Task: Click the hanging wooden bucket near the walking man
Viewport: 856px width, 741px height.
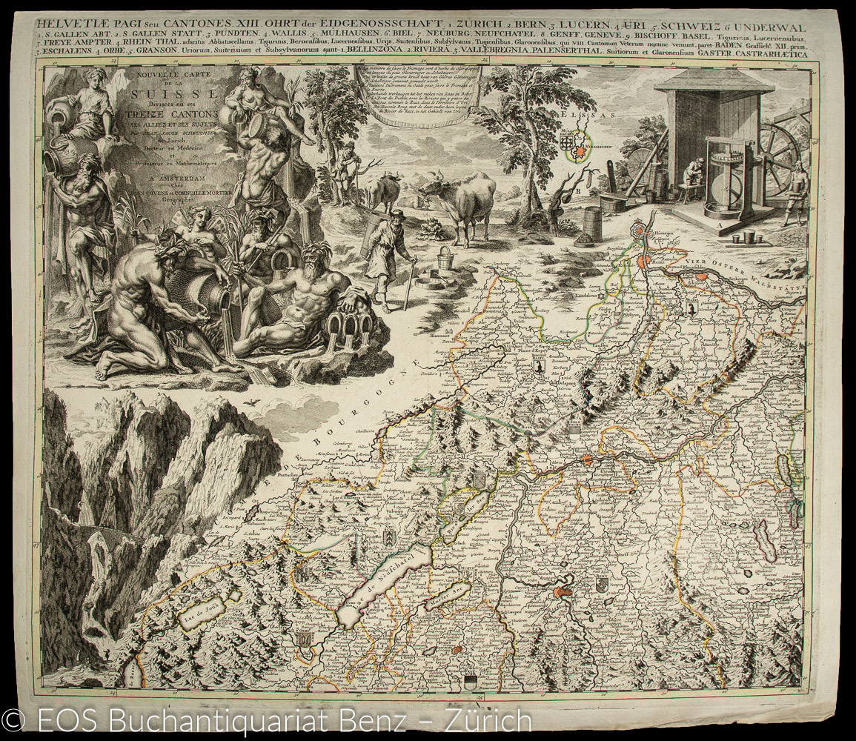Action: point(445,259)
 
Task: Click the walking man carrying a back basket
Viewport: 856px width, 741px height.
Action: point(387,252)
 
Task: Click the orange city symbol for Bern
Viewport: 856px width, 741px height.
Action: point(563,593)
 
